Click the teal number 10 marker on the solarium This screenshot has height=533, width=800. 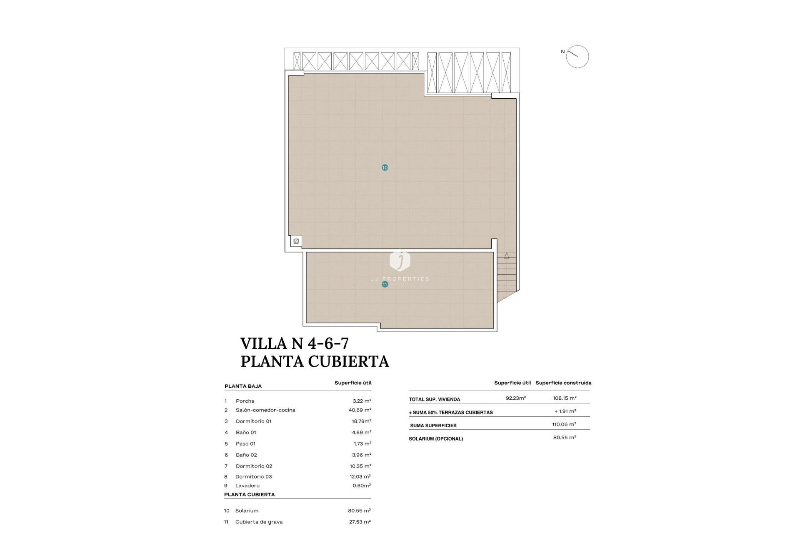pos(385,167)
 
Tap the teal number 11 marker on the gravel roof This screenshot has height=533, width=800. pos(385,284)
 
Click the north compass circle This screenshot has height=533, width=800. pos(577,57)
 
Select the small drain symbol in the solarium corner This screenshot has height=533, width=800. pos(296,241)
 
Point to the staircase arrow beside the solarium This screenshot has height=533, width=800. pos(507,256)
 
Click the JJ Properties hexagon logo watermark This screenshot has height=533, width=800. pos(400,260)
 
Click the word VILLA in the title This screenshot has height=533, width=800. pos(264,344)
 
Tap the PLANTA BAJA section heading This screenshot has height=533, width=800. pos(243,386)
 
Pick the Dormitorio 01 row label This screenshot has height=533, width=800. pos(253,421)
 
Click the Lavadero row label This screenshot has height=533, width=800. pos(247,486)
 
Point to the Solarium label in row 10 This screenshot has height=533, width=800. pos(247,511)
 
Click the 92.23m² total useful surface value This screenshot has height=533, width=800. pos(516,398)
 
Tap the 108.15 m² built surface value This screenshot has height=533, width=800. pos(565,398)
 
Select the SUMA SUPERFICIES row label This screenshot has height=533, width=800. pos(433,426)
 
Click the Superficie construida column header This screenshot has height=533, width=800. pos(563,383)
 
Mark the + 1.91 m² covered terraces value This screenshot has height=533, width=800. pos(565,411)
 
